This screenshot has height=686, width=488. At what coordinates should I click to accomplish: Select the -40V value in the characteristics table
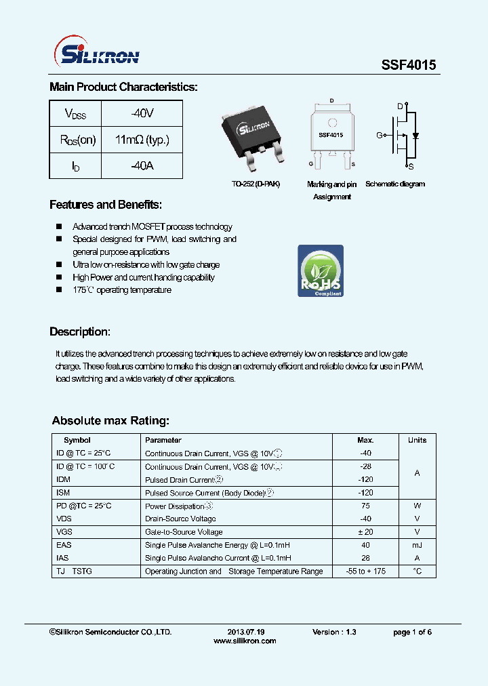point(142,113)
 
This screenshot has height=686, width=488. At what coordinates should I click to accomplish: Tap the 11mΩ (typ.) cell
point(142,140)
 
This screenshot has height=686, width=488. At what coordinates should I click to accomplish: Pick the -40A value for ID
point(142,165)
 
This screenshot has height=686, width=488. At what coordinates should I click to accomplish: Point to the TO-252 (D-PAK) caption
point(255,184)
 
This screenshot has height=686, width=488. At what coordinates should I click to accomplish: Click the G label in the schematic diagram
point(380,136)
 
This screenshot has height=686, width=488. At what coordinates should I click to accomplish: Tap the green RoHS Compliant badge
point(321,271)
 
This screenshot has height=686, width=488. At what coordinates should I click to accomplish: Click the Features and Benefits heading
point(106,205)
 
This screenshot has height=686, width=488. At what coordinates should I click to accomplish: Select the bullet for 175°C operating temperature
point(58,290)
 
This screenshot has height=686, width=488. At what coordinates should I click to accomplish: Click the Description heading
point(80,332)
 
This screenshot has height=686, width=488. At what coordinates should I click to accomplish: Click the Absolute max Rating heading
point(110,421)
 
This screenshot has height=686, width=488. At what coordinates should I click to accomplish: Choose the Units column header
point(417,440)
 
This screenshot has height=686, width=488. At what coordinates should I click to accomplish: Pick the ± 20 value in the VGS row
point(365,532)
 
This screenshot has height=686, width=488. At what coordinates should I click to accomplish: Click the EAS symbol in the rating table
point(64,545)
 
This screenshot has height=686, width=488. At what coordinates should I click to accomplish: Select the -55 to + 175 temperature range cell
point(365,571)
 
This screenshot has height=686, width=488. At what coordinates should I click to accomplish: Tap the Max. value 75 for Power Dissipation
point(365,506)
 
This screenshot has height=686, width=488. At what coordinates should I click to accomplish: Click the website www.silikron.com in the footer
point(245,641)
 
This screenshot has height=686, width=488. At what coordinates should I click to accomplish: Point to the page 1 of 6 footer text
point(412,632)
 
